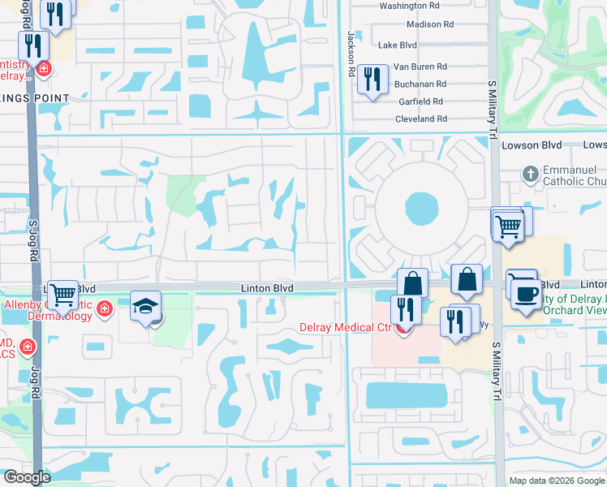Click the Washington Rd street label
409,6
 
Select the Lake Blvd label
398,45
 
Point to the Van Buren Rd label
420,67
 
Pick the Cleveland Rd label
420,119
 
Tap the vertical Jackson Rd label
351,54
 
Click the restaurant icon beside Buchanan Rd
372,80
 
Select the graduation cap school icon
144,307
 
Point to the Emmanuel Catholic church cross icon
529,173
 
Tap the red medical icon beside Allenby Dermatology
104,308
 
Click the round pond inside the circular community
420,209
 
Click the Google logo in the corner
27,477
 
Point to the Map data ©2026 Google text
557,481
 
